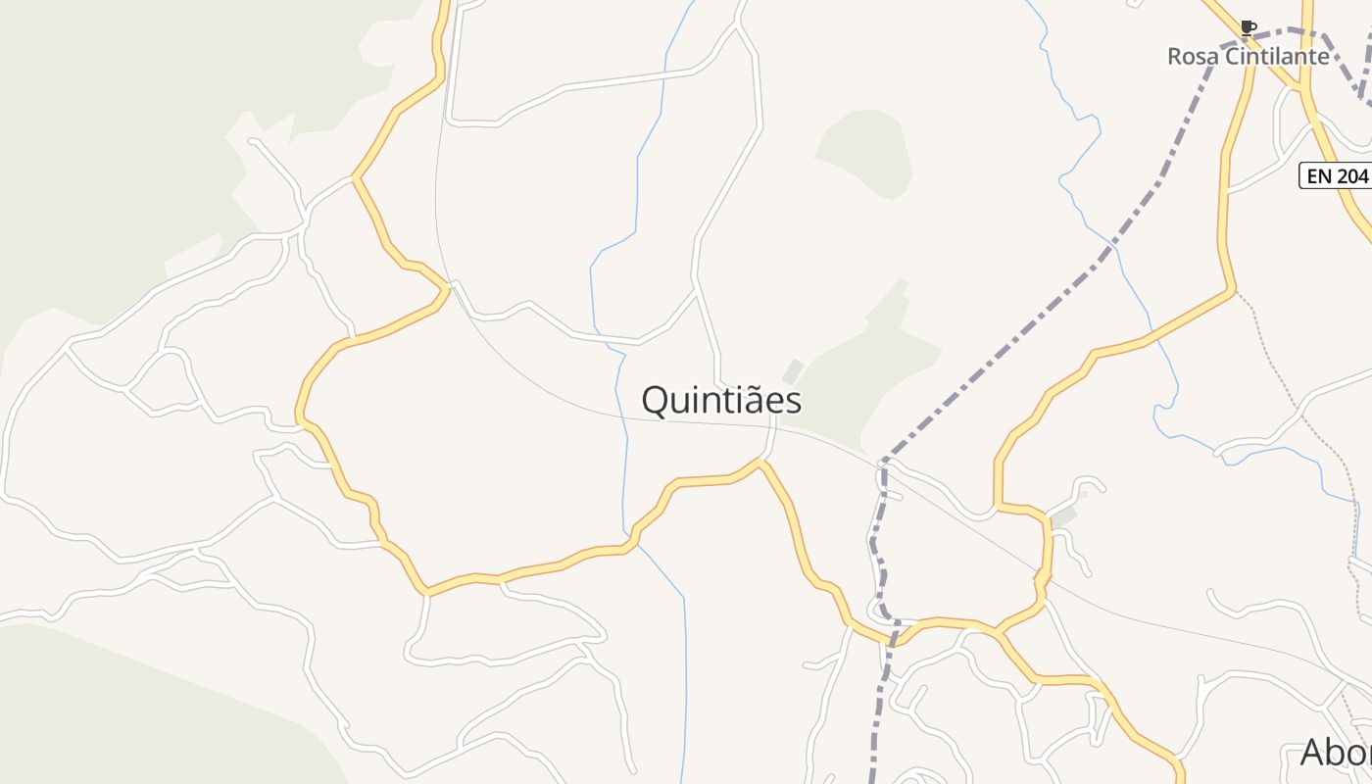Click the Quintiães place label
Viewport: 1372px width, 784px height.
[x=721, y=400]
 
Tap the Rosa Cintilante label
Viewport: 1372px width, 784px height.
[x=1248, y=56]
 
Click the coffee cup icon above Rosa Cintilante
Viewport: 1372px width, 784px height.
[x=1248, y=26]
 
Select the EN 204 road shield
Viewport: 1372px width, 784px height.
[x=1334, y=176]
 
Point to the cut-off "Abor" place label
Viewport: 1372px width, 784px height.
[x=1336, y=753]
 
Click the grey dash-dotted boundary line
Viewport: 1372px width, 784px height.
[x=1029, y=323]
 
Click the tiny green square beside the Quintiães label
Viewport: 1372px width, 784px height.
[x=793, y=371]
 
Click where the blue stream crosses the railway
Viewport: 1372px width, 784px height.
[x=625, y=416]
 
